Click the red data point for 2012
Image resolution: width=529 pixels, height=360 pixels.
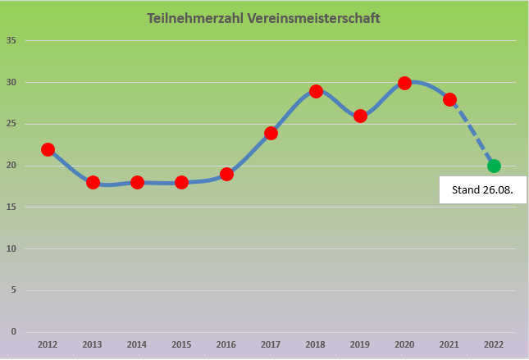pos(48,149)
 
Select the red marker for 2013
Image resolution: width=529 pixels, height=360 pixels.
pos(93,182)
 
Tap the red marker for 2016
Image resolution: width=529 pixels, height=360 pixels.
pos(226,174)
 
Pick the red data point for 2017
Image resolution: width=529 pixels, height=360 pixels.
pos(271,133)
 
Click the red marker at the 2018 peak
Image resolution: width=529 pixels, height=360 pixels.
pos(316,91)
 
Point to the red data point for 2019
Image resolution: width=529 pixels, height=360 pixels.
pos(360,116)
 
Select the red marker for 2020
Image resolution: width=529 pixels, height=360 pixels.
pos(404,83)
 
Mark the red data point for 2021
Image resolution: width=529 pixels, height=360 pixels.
pos(449,99)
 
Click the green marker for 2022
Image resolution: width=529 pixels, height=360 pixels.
pos(494,166)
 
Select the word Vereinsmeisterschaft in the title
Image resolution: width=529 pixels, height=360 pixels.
pos(310,17)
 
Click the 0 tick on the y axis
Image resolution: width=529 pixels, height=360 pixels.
pos(13,331)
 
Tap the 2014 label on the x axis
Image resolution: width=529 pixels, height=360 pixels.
pos(137,345)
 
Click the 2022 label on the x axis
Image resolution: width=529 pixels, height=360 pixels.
pos(494,345)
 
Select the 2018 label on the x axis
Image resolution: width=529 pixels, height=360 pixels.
pos(316,345)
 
